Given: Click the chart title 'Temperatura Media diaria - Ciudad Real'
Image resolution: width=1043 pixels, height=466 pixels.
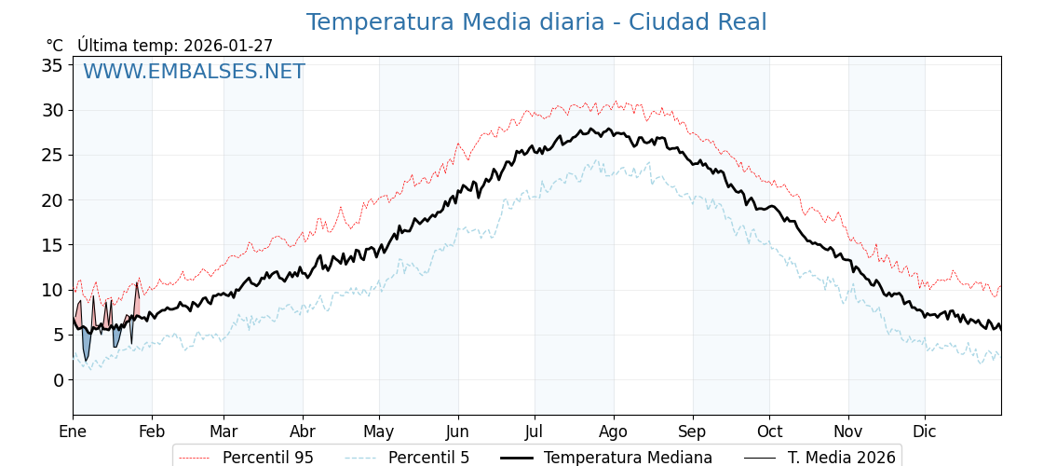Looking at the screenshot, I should pos(536,22).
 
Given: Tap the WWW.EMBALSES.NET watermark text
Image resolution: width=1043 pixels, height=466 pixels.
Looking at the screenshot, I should pos(194,72).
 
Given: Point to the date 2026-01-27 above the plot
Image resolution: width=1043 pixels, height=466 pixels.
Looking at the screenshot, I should pos(228,46).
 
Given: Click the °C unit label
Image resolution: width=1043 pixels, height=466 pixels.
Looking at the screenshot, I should pos(54,46).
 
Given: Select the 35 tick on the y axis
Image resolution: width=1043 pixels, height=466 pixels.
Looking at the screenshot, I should pos(52,65).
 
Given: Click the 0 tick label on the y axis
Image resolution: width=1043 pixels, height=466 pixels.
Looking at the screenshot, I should pos(58,380).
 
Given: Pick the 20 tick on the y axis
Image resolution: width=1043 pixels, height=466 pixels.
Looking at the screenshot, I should pos(52,200).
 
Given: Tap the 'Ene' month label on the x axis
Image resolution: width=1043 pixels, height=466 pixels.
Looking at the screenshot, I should pos(73,432).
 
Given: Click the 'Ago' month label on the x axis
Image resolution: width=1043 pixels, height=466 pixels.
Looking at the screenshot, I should pos(614,432).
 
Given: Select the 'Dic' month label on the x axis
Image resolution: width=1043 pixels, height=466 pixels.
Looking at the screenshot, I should pos(925,432).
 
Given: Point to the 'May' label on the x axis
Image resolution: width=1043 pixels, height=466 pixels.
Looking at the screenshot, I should pos(379,432).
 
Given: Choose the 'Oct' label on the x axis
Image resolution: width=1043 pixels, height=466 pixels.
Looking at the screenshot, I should pos(769,432).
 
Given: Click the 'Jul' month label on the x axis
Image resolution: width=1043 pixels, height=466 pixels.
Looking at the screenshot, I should pos(535,432).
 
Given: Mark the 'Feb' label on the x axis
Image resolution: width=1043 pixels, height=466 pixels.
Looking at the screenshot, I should pos(152,432).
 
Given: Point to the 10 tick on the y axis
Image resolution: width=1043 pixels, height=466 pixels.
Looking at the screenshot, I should pos(52,290).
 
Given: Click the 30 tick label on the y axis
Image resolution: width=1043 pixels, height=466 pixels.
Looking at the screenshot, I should pos(52,110).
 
